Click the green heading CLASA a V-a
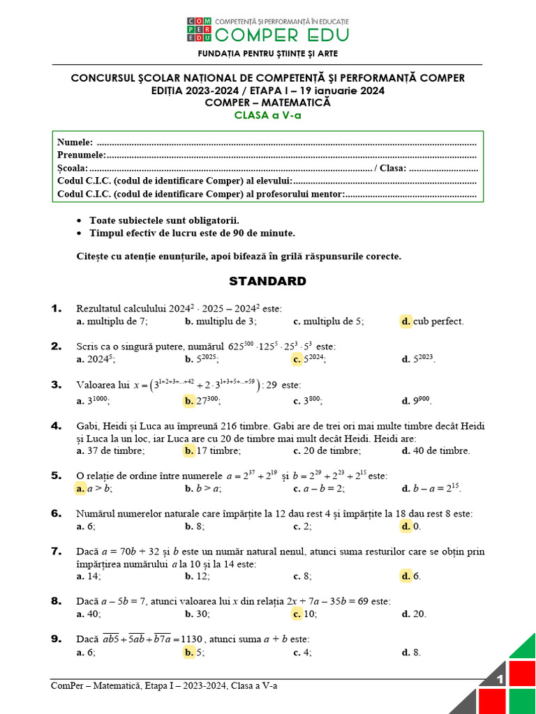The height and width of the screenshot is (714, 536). (267, 116)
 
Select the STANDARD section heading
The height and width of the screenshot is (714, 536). (267, 282)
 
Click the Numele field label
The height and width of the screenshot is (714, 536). (75, 142)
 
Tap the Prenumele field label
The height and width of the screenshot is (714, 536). (81, 155)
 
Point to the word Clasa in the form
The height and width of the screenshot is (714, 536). (392, 168)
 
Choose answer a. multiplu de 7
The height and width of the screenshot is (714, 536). (112, 321)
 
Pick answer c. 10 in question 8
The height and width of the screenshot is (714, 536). (305, 614)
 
